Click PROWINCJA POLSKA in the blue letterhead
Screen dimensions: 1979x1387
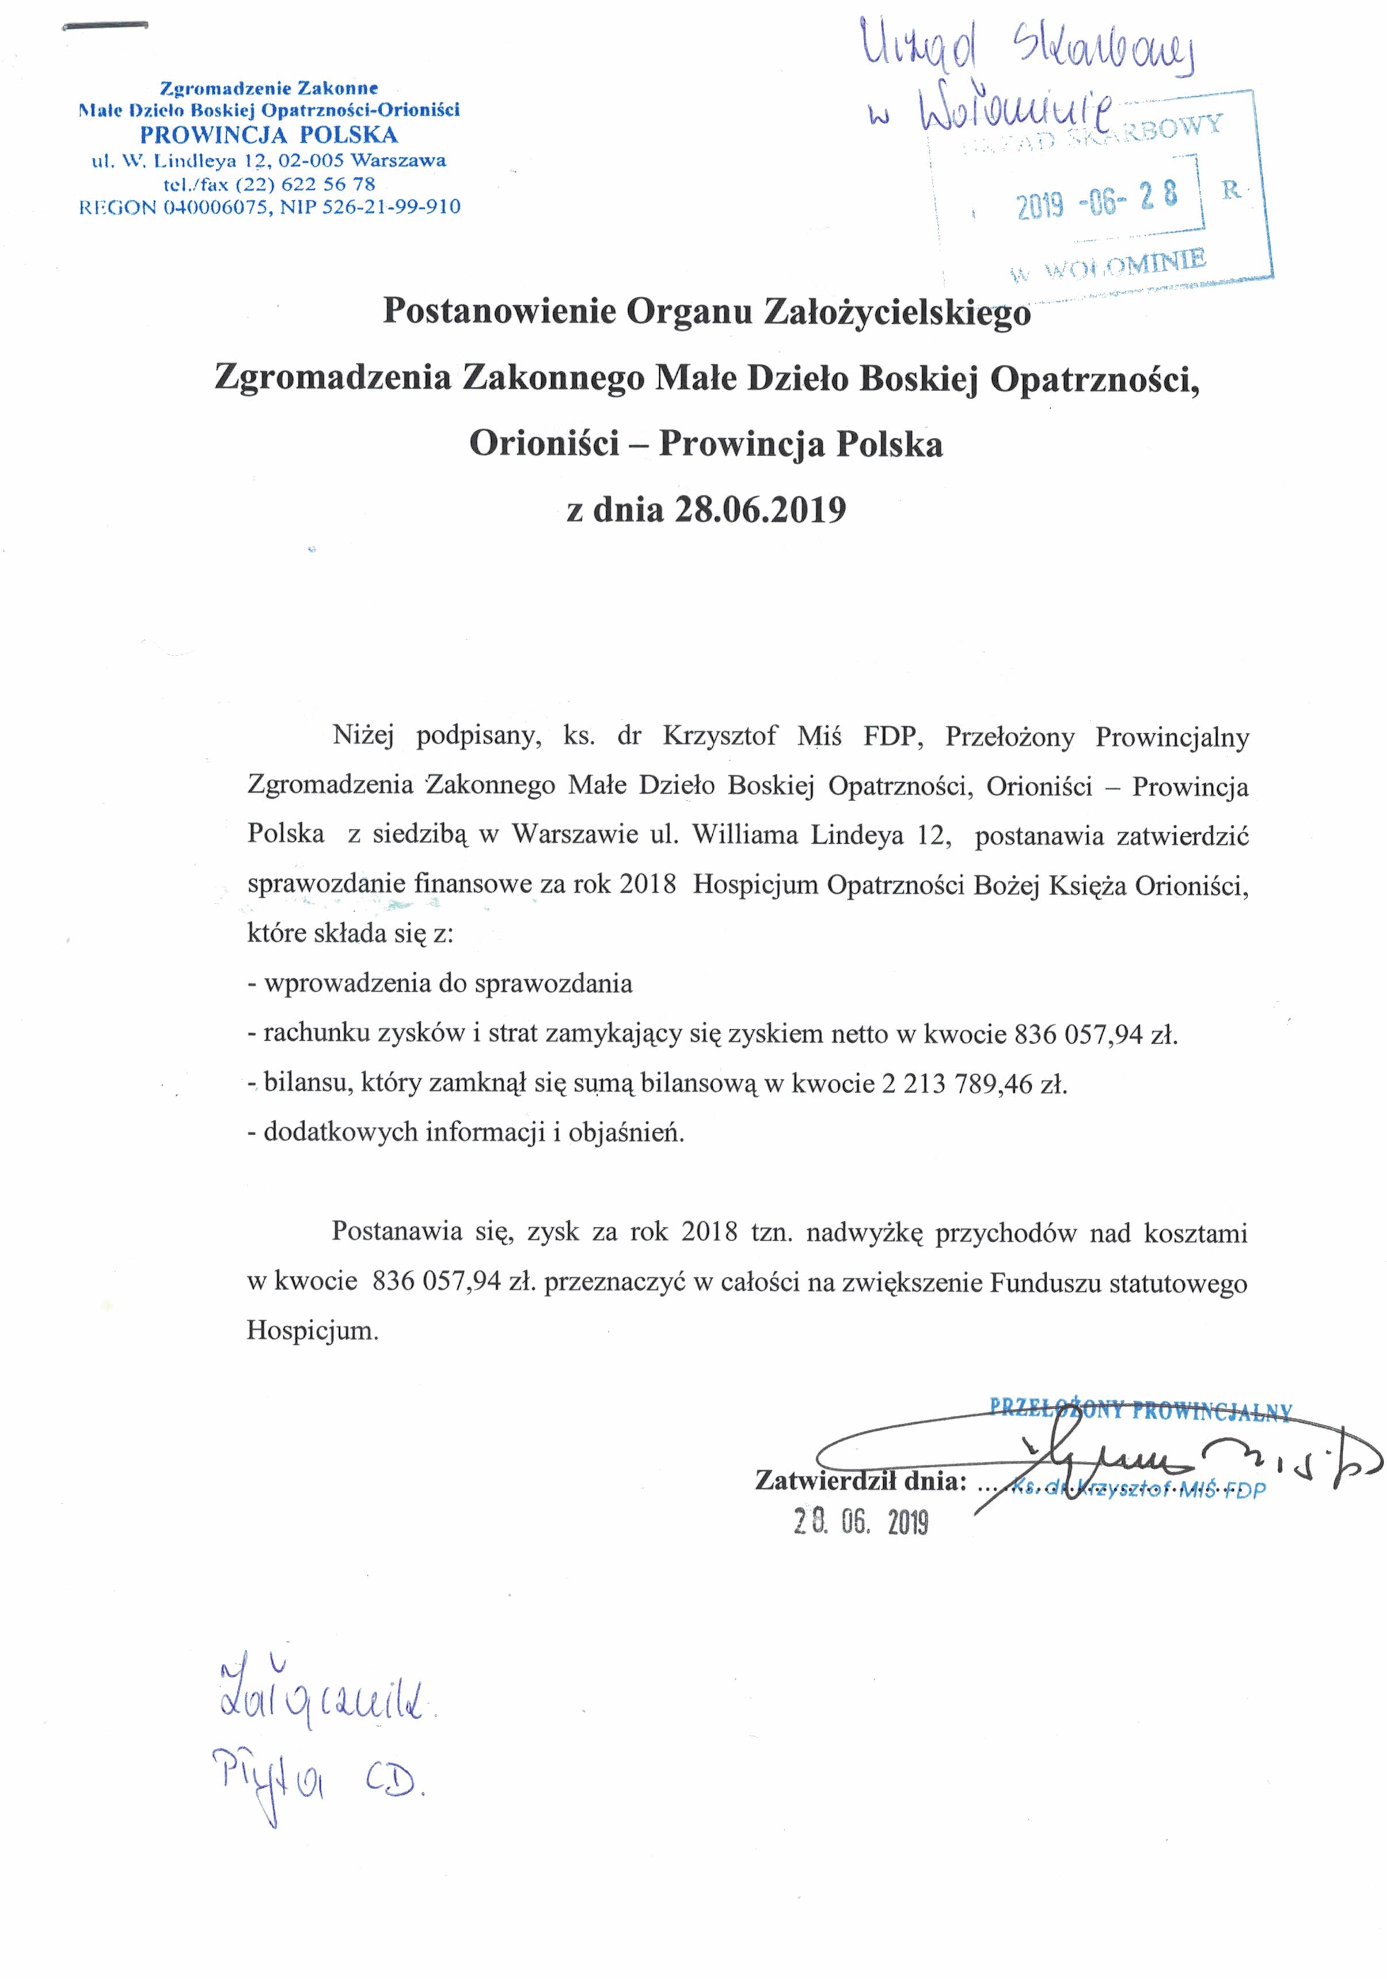269,135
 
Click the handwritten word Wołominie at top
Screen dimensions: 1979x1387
1017,111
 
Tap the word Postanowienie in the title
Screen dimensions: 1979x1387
500,311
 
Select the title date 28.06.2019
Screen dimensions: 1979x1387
760,510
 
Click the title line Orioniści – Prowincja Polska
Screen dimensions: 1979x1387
705,444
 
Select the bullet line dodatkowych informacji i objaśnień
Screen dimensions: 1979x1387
465,1132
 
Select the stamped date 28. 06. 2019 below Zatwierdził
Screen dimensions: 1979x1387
861,1523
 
